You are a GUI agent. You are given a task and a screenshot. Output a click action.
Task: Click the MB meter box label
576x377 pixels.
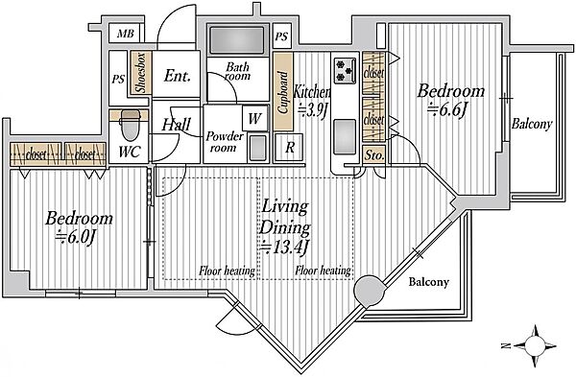point(125,35)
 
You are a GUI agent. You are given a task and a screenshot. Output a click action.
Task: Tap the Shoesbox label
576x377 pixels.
point(141,72)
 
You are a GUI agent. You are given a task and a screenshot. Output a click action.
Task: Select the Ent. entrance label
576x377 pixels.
point(177,76)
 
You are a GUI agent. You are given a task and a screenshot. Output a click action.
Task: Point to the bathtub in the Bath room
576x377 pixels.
point(237,39)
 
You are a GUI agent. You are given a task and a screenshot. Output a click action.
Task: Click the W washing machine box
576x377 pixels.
point(255,118)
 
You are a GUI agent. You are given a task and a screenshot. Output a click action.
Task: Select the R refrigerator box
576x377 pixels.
point(290,148)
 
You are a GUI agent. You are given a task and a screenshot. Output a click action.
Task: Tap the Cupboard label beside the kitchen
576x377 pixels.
point(283,92)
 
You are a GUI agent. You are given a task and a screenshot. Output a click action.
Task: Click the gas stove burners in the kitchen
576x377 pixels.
point(345,70)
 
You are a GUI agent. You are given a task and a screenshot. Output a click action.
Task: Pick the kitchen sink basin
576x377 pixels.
point(345,136)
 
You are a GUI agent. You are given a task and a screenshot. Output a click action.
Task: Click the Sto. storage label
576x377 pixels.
point(373,155)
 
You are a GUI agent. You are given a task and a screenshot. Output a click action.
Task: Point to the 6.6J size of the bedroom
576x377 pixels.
point(447,109)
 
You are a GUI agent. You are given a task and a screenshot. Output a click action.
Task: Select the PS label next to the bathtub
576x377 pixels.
point(281,36)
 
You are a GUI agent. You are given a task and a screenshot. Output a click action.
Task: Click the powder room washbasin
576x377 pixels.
point(258,148)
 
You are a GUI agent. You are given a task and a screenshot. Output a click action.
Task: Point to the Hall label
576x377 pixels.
point(177,125)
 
